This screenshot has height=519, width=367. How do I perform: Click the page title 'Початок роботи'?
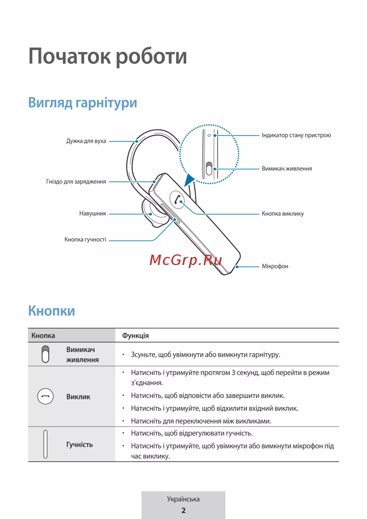[x=108, y=56]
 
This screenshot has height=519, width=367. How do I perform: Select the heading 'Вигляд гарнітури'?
[x=83, y=103]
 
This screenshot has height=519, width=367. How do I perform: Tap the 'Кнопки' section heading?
[x=52, y=311]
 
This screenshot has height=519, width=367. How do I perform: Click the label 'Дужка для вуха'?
[x=86, y=141]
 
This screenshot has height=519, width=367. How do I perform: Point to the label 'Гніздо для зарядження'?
[x=76, y=182]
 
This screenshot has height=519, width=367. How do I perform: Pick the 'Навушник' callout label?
[x=92, y=214]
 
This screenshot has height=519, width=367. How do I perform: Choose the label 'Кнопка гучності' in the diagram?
[x=85, y=240]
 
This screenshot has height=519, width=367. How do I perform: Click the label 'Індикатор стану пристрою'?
[x=296, y=135]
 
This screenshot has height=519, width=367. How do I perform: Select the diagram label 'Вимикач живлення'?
[x=287, y=169]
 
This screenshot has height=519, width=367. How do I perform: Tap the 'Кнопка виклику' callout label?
[x=283, y=214]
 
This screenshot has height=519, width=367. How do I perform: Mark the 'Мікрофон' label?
[x=275, y=266]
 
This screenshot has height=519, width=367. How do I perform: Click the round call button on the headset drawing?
[x=177, y=200]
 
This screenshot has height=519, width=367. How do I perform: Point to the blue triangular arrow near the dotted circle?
[x=189, y=180]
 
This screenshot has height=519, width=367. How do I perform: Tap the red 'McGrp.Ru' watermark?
[x=186, y=260]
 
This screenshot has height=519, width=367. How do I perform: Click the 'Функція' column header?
[x=135, y=335]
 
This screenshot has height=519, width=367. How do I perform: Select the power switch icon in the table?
[x=46, y=354]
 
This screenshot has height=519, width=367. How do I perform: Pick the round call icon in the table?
[x=46, y=396]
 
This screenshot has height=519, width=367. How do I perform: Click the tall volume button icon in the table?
[x=46, y=444]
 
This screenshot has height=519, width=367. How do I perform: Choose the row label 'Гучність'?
[x=80, y=444]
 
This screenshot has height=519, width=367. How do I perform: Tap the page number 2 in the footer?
[x=183, y=511]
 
